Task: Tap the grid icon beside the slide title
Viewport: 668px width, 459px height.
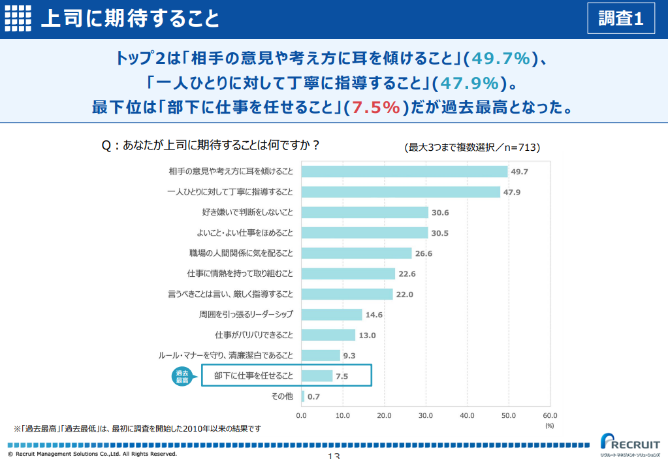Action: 18,18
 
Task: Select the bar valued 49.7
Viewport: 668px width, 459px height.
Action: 404,172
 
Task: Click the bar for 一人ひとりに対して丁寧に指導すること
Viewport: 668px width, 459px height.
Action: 400,192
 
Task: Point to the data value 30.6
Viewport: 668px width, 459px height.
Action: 440,213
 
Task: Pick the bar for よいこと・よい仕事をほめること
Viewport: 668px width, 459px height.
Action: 364,233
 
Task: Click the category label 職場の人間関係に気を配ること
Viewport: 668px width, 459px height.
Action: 241,253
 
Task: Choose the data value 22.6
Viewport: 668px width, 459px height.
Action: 407,274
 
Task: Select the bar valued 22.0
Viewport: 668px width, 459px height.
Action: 347,294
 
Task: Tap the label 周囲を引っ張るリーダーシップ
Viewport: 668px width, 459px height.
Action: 246,315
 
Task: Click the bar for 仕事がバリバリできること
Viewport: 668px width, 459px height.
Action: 328,335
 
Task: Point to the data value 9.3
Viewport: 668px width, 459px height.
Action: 349,356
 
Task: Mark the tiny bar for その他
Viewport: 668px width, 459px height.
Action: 303,396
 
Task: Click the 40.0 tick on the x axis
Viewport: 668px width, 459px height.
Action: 467,415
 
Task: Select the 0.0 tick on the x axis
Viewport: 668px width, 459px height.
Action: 302,415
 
